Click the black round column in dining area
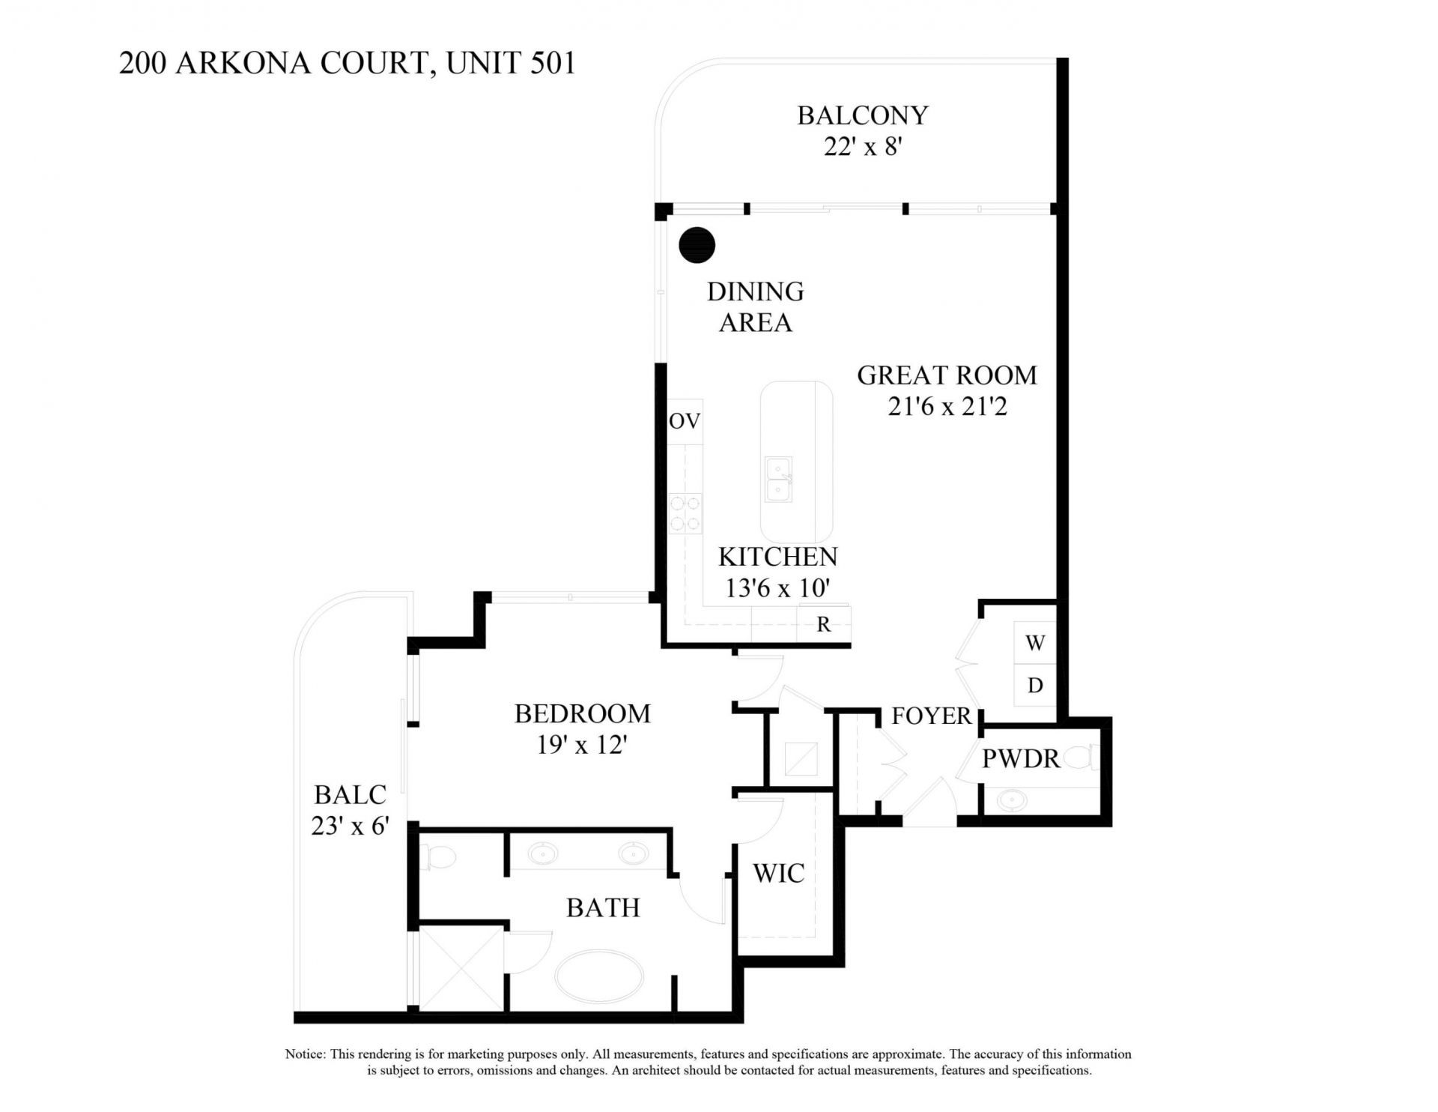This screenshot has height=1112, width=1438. [697, 244]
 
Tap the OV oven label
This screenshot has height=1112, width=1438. [685, 421]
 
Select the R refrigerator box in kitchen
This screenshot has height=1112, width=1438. [823, 624]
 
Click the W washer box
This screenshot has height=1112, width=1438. [1035, 642]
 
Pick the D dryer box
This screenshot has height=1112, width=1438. [1035, 685]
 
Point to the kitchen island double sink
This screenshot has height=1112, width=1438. [779, 480]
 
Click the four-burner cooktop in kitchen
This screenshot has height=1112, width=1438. [685, 513]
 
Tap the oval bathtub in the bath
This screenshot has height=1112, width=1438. [599, 978]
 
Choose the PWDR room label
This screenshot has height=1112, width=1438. [1020, 759]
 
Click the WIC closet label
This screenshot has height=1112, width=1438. [778, 873]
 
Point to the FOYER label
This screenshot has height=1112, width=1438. [931, 716]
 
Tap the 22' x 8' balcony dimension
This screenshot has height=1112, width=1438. [862, 147]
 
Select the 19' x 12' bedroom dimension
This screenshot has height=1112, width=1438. [581, 745]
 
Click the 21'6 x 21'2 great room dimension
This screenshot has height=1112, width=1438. [947, 407]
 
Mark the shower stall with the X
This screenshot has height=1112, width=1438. [461, 969]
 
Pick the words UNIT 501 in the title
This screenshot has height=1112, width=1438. [511, 63]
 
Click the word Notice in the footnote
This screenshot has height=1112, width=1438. [304, 1054]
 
